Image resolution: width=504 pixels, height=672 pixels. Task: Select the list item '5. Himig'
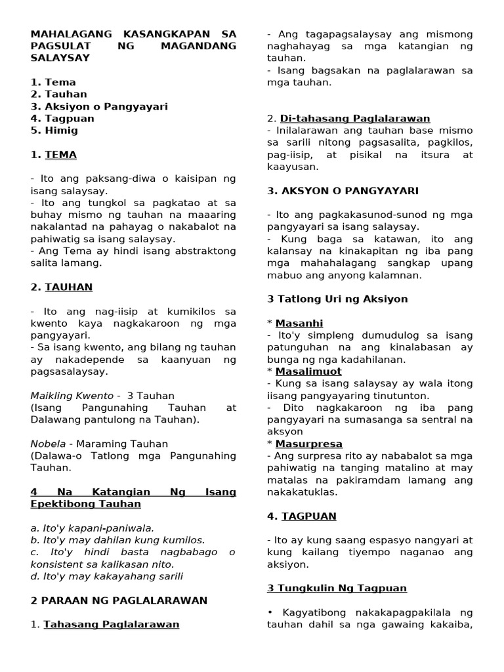[x=54, y=131]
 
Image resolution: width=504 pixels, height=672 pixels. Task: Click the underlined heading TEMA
[x=60, y=155]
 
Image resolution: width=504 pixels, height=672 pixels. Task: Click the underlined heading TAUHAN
[x=68, y=287]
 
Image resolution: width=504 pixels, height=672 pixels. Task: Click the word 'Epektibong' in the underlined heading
[x=60, y=504]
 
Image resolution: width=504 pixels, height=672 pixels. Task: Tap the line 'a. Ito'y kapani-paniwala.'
[x=91, y=528]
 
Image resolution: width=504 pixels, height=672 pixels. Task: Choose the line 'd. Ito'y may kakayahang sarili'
[x=107, y=577]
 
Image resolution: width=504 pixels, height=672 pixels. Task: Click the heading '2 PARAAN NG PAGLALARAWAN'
[x=119, y=600]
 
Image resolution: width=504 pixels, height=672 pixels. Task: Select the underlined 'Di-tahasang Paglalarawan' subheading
[x=355, y=119]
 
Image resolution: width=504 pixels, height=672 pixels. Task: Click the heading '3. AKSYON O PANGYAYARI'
[x=343, y=191]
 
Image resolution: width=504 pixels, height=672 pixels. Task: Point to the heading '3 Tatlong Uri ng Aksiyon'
[x=337, y=299]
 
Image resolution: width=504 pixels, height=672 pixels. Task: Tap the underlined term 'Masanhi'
[x=299, y=324]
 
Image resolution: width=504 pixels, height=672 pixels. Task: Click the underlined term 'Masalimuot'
[x=308, y=371]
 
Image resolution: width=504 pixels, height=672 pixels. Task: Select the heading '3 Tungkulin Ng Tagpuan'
[x=337, y=589]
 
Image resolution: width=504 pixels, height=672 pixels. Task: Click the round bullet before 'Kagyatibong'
[x=270, y=612]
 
